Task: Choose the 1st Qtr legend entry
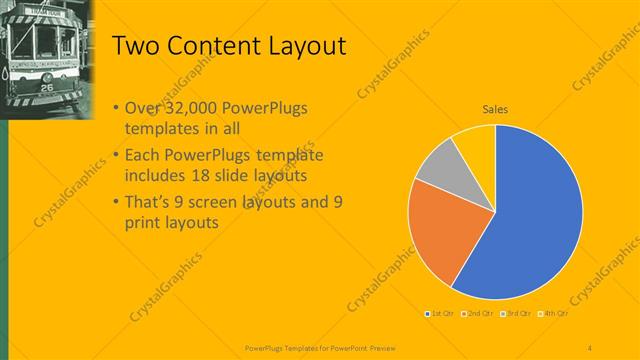pos(441,314)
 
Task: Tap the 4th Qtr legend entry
pos(555,314)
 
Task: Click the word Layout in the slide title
pos(301,46)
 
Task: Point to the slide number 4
pos(589,347)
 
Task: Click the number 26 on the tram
pos(46,88)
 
